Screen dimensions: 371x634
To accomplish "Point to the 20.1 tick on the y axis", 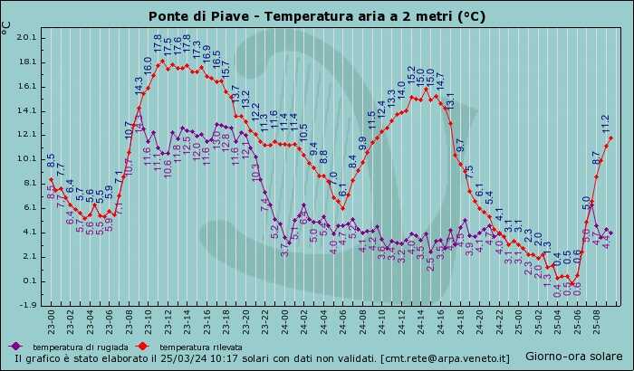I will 27,37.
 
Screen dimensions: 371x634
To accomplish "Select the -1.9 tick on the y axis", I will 27,305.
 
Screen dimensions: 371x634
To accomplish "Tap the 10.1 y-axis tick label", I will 27,159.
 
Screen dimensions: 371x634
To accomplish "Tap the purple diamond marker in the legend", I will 15,347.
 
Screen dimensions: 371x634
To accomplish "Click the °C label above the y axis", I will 7,32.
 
